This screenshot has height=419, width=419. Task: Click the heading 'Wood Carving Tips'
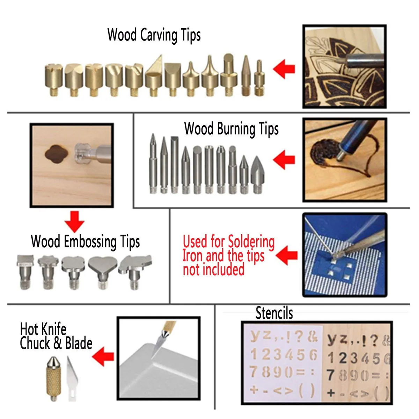coord(154,35)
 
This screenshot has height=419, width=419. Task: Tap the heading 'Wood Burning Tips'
coord(231,129)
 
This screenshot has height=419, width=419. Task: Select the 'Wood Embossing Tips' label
coord(85,242)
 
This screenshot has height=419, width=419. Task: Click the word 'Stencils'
coord(274,313)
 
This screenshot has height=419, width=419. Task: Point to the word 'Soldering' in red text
coord(251,242)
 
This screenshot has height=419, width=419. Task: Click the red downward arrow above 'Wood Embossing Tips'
coord(74,221)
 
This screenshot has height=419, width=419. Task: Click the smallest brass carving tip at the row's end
coord(259,79)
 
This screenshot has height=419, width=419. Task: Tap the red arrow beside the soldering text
coord(287,255)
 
